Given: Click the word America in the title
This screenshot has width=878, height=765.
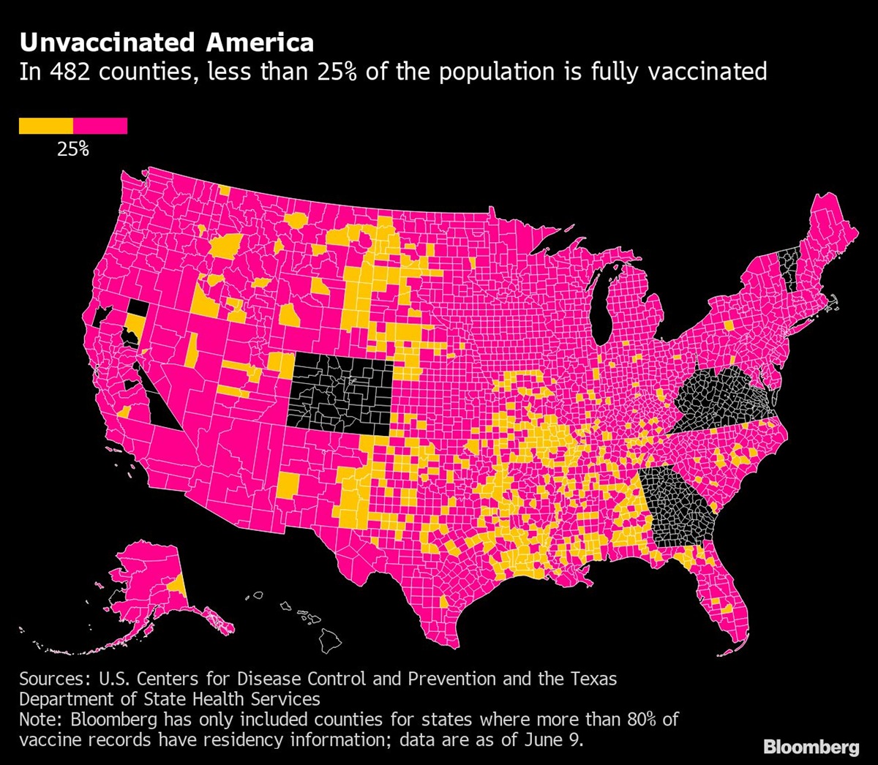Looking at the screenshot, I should pos(260,43).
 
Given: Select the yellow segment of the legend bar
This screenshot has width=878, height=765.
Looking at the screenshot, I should pos(45,126).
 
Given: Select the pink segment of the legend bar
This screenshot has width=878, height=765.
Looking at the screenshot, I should pos(100,126).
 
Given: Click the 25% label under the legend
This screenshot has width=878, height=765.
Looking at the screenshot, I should pos(73,149).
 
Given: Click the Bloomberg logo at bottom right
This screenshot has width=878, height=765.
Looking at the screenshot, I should pos(811,747).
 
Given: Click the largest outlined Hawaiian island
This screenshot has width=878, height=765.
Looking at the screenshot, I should pos(330,641).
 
